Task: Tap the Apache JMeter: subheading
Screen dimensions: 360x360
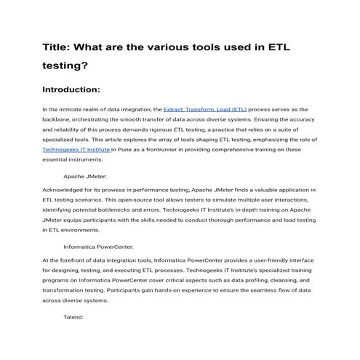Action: (x=87, y=176)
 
